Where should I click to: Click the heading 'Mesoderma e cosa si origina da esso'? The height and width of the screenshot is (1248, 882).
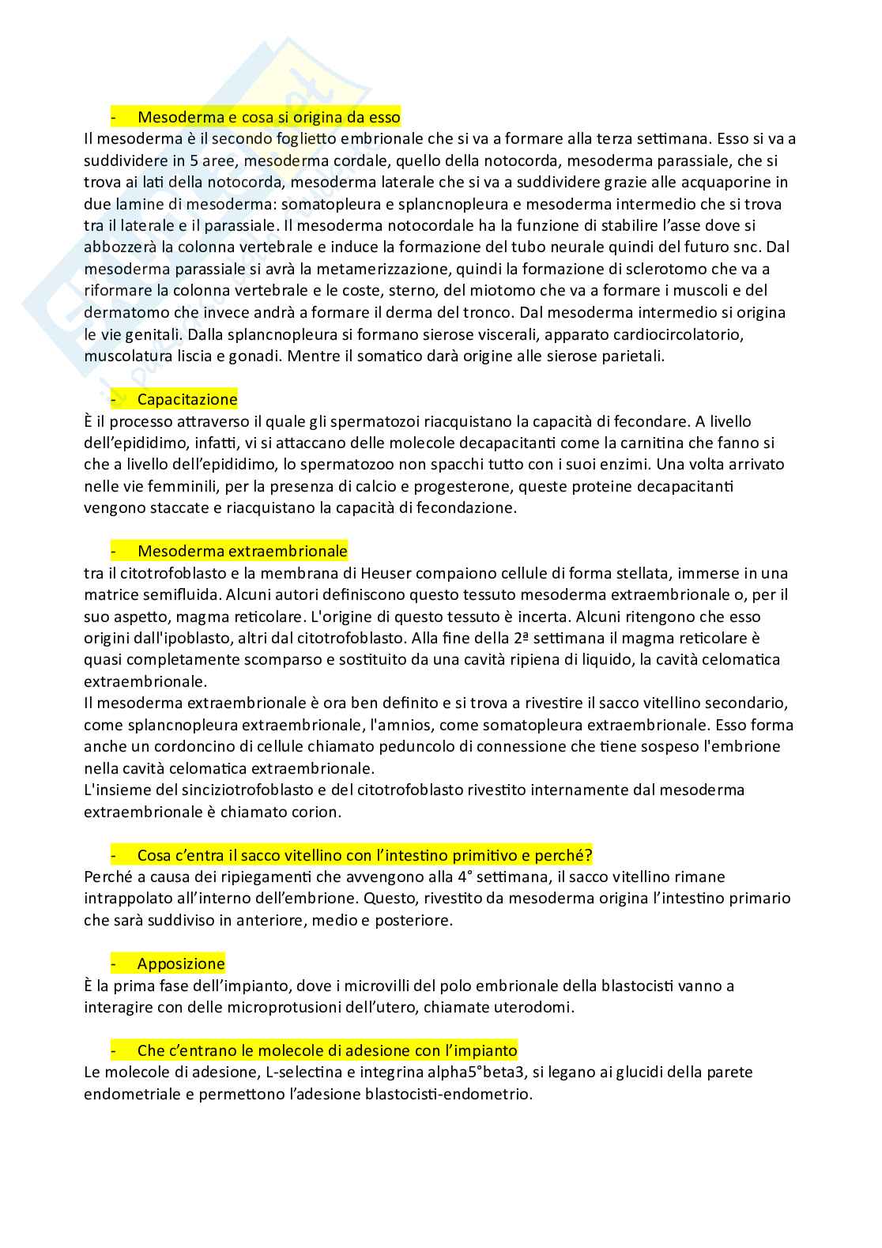coord(269,117)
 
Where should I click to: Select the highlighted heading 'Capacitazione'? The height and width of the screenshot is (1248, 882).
coord(187,399)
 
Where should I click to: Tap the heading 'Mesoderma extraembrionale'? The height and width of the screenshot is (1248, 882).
coord(242,551)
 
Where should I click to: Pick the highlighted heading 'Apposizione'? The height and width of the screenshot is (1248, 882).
coord(181,963)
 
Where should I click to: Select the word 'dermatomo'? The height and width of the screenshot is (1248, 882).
coord(121,312)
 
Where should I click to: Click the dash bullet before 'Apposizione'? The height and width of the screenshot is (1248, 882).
coord(114,963)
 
